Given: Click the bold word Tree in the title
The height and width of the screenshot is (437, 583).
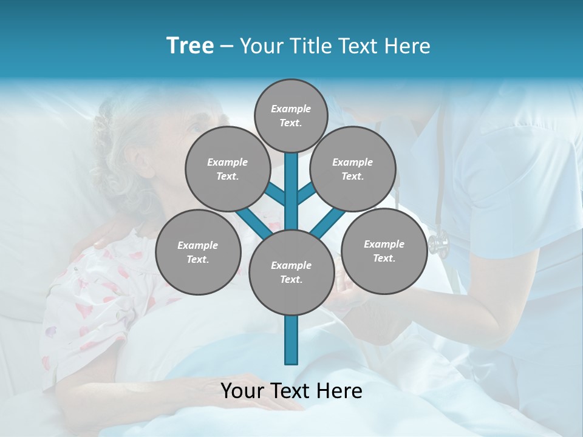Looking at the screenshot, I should click(x=190, y=46).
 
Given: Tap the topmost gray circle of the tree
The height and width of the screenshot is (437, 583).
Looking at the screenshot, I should click(x=291, y=116).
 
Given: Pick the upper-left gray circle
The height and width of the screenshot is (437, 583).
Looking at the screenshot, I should click(x=227, y=169).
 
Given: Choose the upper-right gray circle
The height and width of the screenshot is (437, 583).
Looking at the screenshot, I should click(x=352, y=169).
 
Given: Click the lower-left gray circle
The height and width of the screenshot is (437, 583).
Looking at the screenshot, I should click(x=197, y=252).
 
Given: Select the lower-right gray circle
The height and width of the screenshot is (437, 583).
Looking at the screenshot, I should click(x=384, y=251).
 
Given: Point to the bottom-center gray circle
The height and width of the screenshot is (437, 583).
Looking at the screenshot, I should click(x=291, y=273).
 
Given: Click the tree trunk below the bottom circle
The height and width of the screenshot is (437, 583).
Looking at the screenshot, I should click(x=291, y=340).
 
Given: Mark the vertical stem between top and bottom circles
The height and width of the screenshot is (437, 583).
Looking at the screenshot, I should click(x=291, y=191).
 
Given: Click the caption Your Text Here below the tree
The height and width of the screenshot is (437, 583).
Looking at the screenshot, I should click(x=291, y=391).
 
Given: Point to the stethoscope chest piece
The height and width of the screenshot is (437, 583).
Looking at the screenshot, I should click(x=438, y=243).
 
